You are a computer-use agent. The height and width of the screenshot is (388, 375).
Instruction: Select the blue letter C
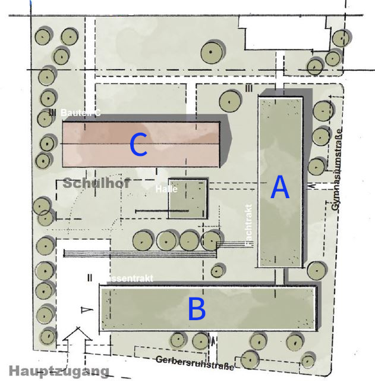click(x=138, y=146)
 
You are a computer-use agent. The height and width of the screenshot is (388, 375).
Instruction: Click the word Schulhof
click(x=96, y=183)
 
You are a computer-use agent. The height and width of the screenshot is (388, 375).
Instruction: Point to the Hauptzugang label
click(x=59, y=371)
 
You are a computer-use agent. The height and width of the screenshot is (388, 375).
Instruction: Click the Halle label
click(x=167, y=189)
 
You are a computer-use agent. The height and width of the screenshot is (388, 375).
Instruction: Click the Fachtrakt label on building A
click(x=249, y=226)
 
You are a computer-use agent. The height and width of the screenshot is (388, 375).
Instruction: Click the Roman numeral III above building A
click(x=249, y=89)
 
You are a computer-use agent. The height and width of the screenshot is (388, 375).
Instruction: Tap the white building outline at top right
click(x=284, y=33)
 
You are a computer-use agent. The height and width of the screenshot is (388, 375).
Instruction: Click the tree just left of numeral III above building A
click(x=229, y=101)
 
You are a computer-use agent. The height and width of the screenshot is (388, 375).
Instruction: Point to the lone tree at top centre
click(x=212, y=51)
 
